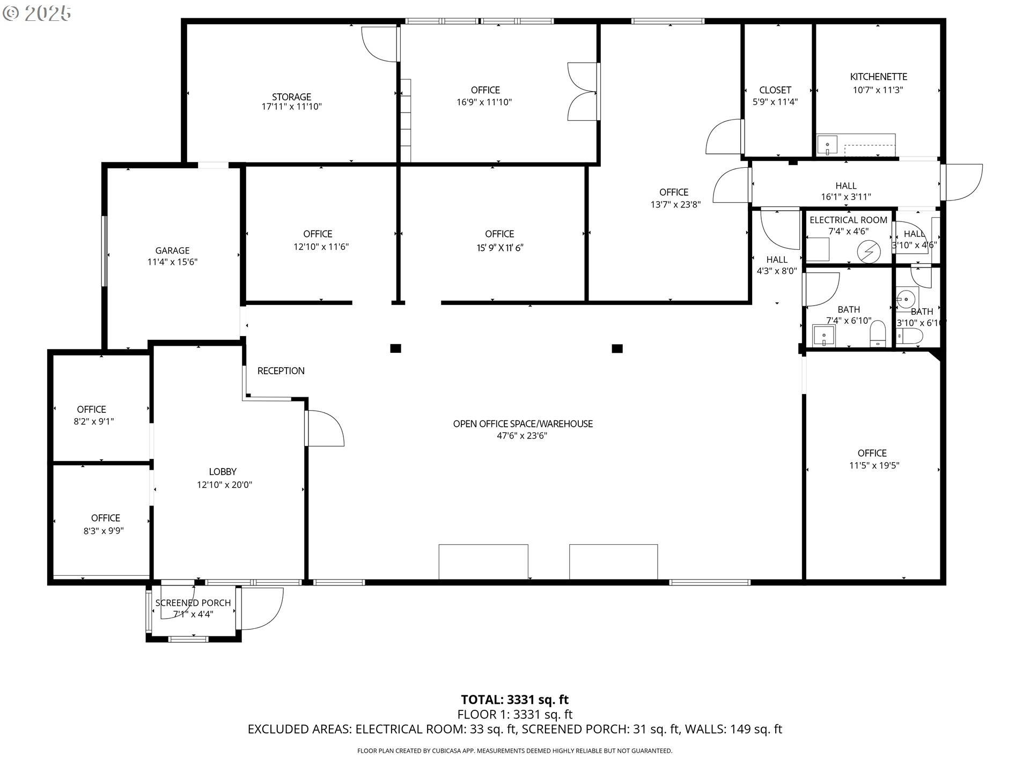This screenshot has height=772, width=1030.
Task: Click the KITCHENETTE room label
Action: pyautogui.click(x=878, y=77)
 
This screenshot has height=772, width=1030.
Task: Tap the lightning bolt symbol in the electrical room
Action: pyautogui.click(x=869, y=252)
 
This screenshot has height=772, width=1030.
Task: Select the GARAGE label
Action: pyautogui.click(x=172, y=250)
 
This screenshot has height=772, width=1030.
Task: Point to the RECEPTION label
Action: pyautogui.click(x=281, y=371)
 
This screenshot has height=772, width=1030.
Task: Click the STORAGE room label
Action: pyautogui.click(x=291, y=96)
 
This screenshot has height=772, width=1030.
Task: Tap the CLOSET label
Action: pyautogui.click(x=775, y=90)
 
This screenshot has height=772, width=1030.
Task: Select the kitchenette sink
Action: pyautogui.click(x=827, y=145)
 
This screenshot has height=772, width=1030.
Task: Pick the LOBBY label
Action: pyautogui.click(x=223, y=472)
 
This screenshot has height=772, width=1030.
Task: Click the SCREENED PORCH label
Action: pyautogui.click(x=193, y=603)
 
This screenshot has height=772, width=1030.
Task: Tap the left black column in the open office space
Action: pyautogui.click(x=395, y=348)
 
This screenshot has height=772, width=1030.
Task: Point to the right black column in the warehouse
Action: pyautogui.click(x=617, y=348)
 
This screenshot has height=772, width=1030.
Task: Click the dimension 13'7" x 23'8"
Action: pyautogui.click(x=675, y=204)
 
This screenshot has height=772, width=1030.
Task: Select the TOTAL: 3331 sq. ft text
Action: pyautogui.click(x=514, y=700)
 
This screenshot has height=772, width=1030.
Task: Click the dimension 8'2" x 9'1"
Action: pyautogui.click(x=94, y=421)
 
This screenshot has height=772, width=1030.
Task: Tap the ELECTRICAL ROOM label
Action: pyautogui.click(x=848, y=220)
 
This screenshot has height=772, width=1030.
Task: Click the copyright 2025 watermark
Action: pyautogui.click(x=37, y=13)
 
